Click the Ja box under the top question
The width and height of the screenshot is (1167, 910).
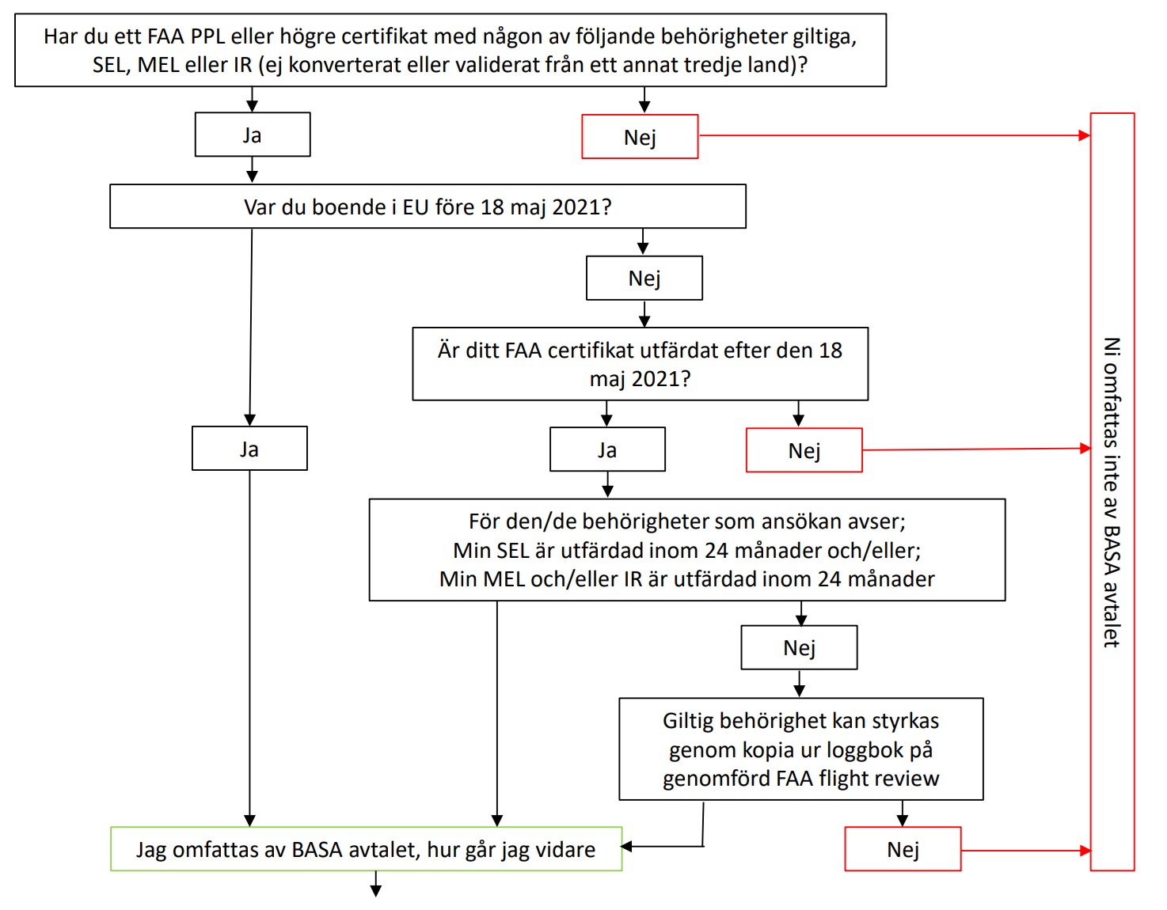253,135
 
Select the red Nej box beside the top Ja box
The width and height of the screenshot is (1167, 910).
640,136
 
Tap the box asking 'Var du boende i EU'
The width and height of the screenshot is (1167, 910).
428,207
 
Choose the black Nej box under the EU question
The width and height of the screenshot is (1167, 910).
644,278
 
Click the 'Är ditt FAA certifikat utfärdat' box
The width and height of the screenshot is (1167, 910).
640,364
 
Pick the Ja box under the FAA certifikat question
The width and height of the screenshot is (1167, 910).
607,449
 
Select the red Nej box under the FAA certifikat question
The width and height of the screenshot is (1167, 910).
804,450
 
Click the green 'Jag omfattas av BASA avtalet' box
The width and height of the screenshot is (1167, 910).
367,849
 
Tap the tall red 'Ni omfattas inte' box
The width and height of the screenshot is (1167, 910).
1112,491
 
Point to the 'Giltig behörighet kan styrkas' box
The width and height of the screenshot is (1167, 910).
800,749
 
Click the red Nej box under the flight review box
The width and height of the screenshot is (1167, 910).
903,849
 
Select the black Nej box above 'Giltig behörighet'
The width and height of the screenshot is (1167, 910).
799,647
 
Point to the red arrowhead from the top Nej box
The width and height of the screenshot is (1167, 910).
1084,135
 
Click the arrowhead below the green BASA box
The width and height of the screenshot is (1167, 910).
376,891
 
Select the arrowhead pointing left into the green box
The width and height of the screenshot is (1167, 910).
626,847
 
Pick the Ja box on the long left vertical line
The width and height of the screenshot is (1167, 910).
249,448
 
